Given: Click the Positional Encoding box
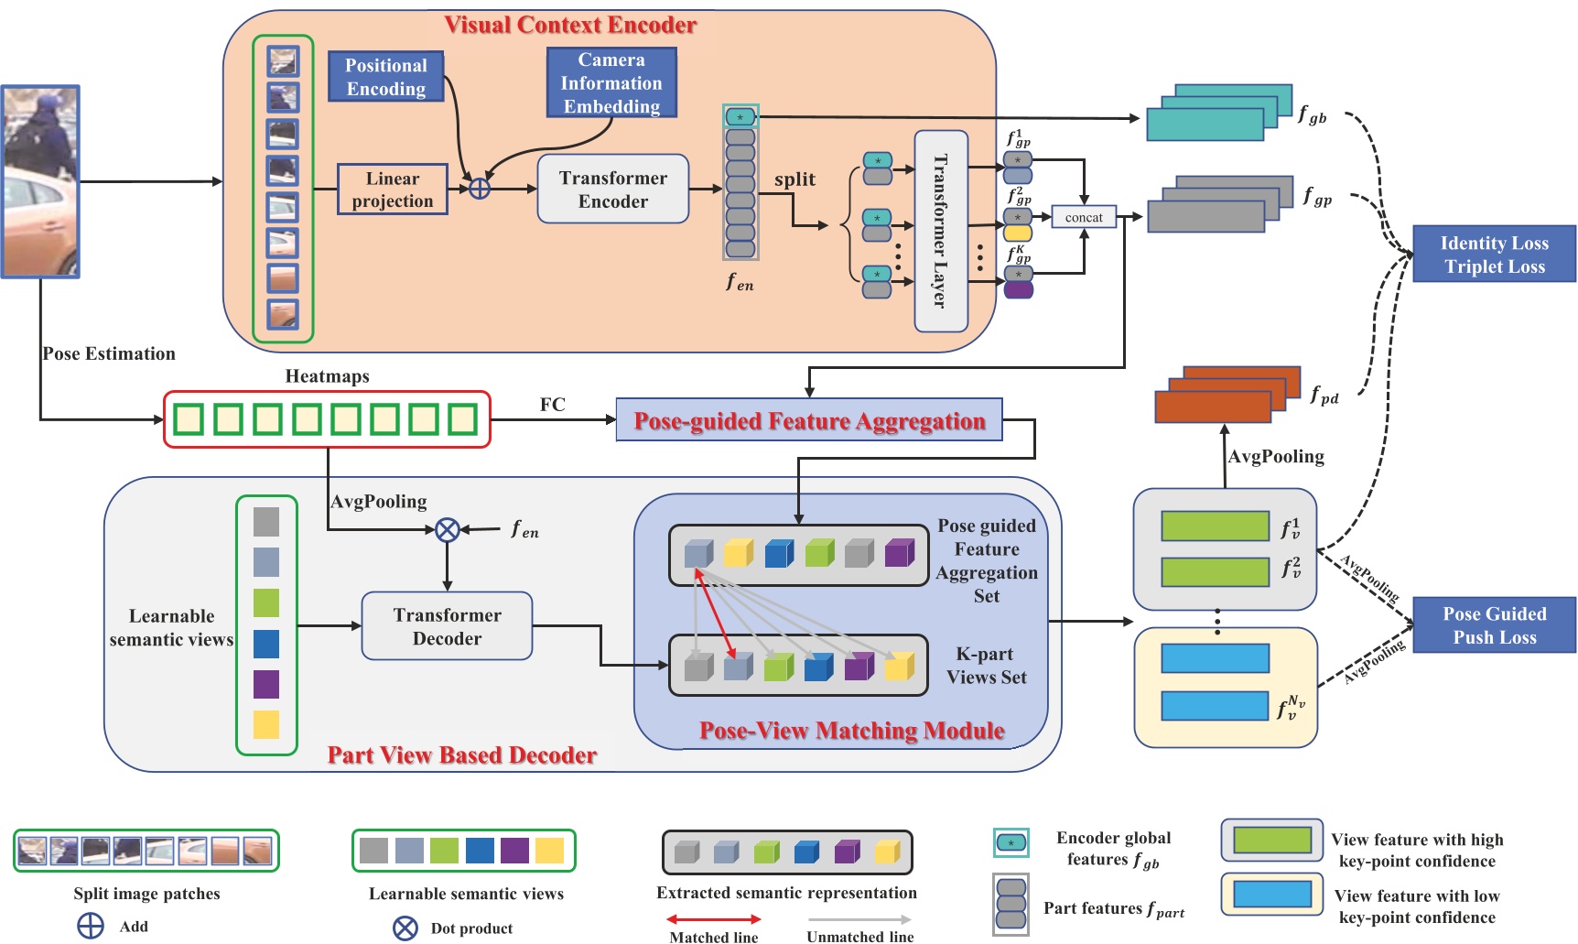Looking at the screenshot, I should coord(385,77).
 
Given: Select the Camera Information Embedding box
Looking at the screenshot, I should coord(611,83).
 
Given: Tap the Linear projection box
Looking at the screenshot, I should coord(393,190).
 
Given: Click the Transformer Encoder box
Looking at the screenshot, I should coord(612,190).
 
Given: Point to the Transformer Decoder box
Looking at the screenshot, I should coord(447,626).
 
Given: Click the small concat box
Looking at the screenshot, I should coord(1084,218).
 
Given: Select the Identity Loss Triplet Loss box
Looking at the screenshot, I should coord(1494,255).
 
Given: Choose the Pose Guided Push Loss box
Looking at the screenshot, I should coord(1494,625).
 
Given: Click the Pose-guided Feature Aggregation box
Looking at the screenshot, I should coord(809,420).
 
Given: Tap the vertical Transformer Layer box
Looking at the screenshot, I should coord(941,231).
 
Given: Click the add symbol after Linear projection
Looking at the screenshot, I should coord(480,189).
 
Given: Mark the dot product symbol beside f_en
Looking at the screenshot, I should coord(447,529).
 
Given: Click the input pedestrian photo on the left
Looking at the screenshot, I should coord(40,181).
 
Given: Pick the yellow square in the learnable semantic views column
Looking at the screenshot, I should coord(266,724).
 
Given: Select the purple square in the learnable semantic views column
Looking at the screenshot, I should coord(266,684).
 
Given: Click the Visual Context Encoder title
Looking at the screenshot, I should coord(570,25).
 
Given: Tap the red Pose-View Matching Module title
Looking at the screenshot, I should coord(851,731).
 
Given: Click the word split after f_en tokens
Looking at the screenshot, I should coord(794,179).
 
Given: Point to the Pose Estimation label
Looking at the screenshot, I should coord(109,353).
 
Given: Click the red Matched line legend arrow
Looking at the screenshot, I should coord(713,919).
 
